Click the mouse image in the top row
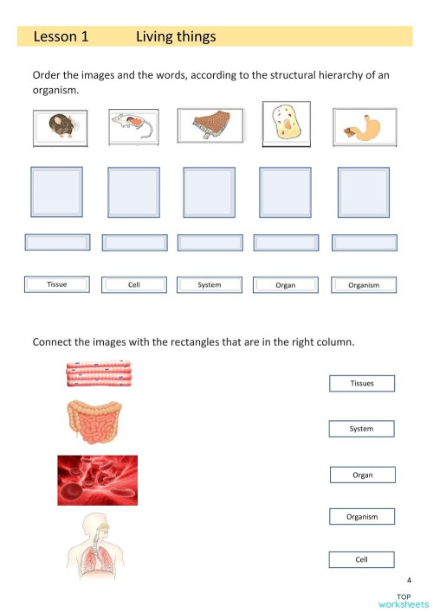coord(60,128)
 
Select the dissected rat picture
coord(133,127)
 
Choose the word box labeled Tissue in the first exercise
coord(57,284)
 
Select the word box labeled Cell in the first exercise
coord(133,284)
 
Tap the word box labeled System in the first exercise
coord(209,284)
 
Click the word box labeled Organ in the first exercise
coord(285,284)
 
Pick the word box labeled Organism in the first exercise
coord(363,284)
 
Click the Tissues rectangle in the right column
coord(362,383)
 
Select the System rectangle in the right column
coord(362,428)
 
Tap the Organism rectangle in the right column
coord(362,517)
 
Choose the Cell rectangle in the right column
coord(362,559)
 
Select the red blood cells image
coord(97,480)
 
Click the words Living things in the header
coord(176,37)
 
